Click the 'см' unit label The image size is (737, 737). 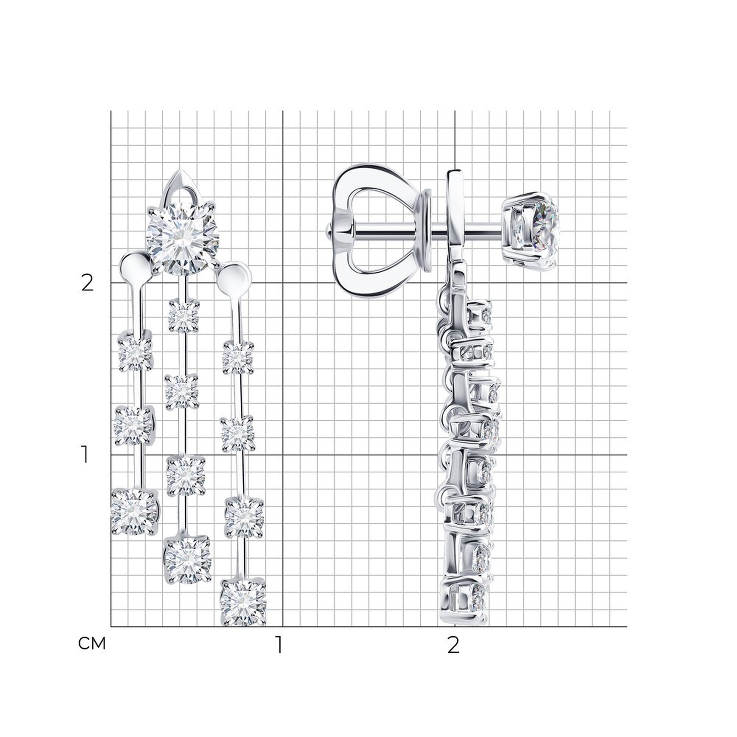pos(92,643)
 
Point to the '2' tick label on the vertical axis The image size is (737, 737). pos(87,283)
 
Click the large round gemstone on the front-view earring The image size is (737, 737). pos(183,239)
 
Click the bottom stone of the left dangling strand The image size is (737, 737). pos(134,511)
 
